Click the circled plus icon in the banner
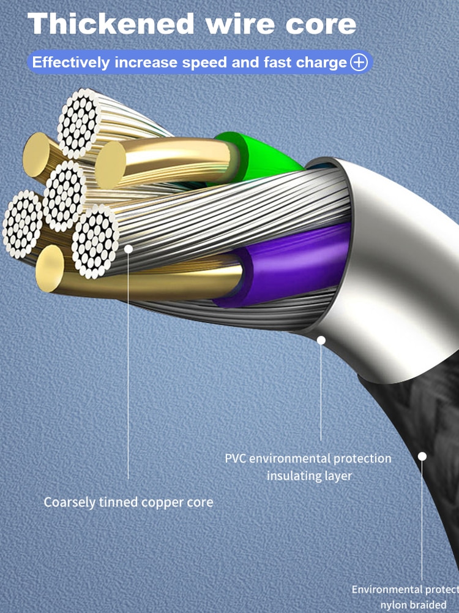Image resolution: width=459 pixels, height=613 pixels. point(359,63)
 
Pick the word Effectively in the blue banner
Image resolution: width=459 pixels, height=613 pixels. point(71,63)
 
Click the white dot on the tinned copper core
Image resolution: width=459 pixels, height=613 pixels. point(129,248)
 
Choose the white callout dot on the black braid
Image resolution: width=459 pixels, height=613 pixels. point(422,456)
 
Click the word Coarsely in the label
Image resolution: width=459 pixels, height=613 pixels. point(69,502)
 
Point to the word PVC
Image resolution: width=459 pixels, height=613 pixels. point(236,459)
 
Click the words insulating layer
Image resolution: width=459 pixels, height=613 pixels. point(309,475)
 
